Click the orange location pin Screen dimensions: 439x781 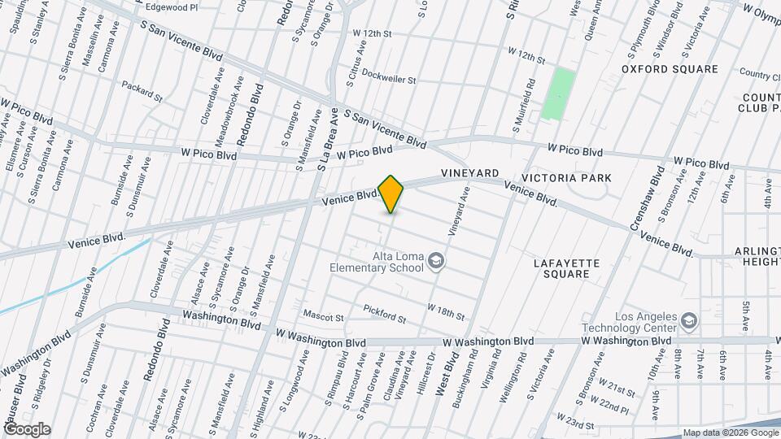click(391, 194)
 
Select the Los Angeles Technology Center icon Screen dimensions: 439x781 click(689, 320)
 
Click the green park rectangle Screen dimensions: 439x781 click(559, 94)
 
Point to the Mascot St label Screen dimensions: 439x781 click(324, 315)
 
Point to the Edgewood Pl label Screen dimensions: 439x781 click(171, 7)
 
